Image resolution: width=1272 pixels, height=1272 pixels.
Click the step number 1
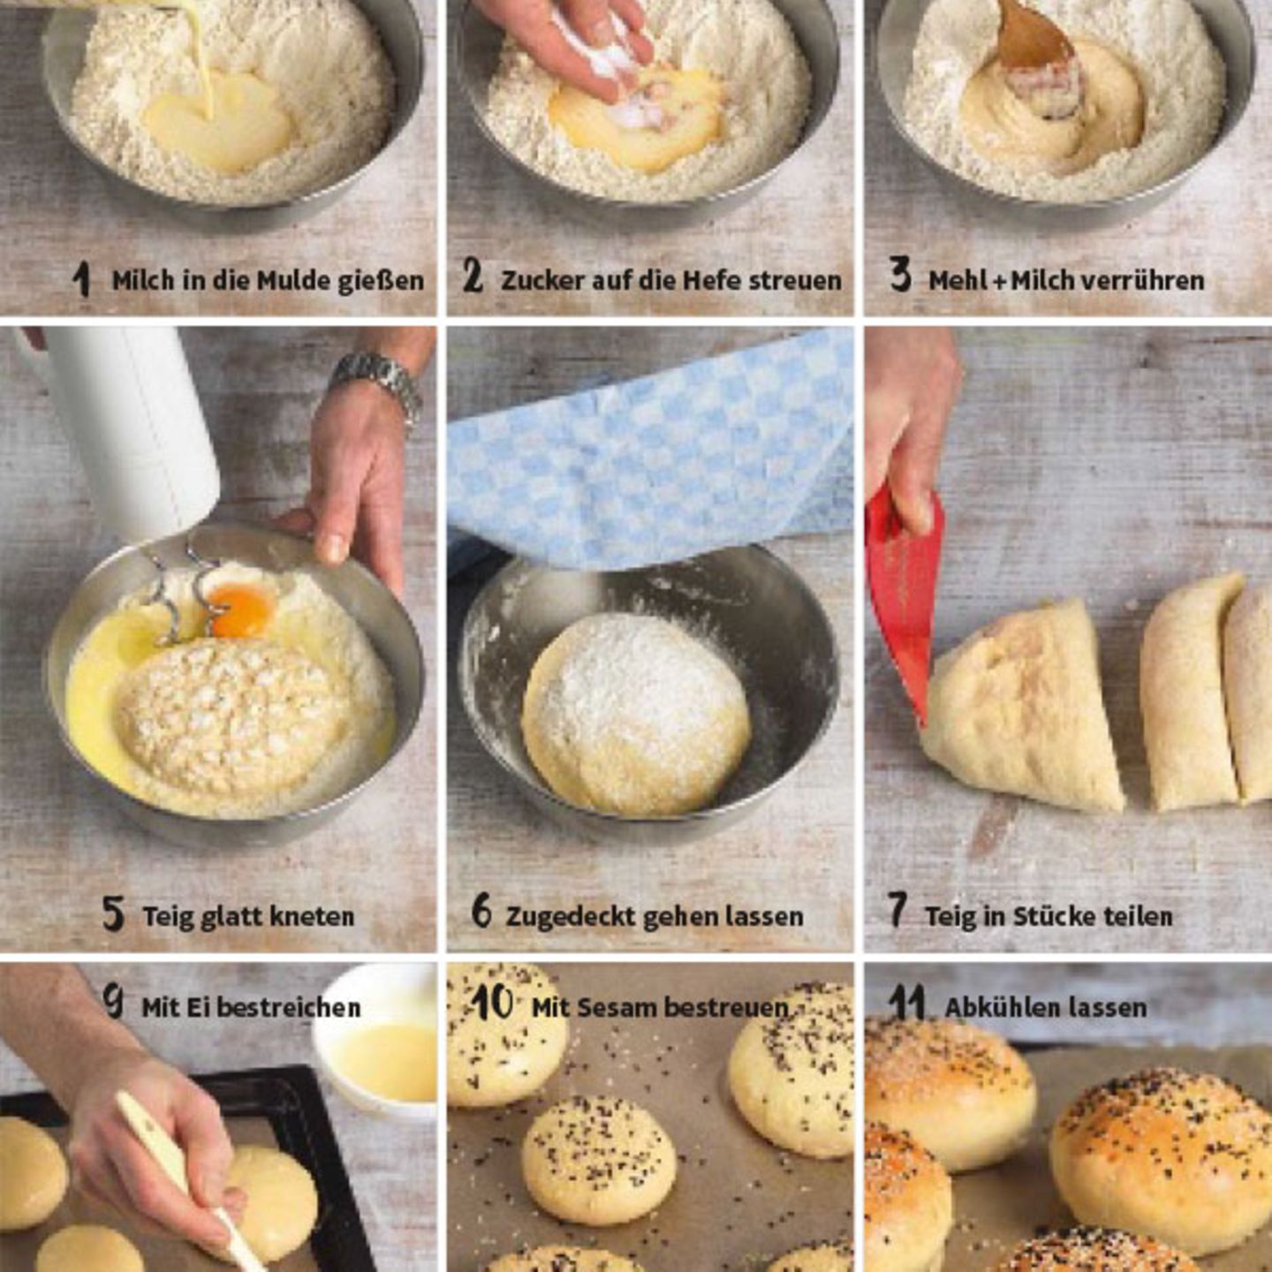(x=81, y=278)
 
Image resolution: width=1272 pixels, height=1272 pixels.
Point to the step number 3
(x=900, y=275)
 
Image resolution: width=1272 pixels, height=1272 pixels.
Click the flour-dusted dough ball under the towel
(x=637, y=713)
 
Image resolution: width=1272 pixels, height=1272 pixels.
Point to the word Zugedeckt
(x=568, y=917)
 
